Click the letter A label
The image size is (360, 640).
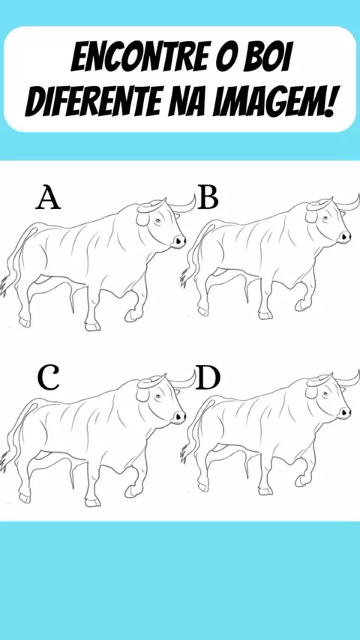48,199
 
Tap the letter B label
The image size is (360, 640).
208,199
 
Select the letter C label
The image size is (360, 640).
49,378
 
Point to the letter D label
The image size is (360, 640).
208,378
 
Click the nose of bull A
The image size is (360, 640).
179,241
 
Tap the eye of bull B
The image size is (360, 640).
325,218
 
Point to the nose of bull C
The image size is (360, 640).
179,417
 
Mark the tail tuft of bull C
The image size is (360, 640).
6,459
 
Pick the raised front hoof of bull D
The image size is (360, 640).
301,480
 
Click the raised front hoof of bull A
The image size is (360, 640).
131,316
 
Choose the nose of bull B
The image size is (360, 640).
345,237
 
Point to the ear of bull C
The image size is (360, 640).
143,394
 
